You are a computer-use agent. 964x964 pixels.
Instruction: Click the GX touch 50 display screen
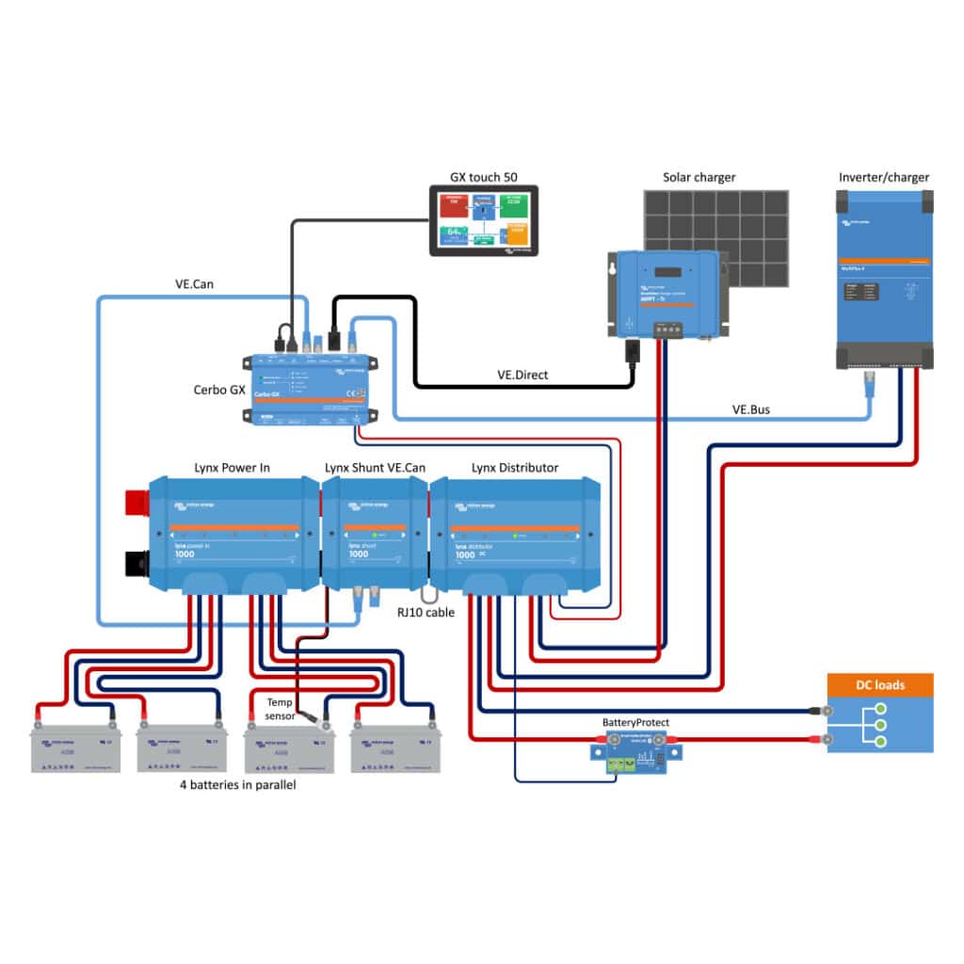point(483,220)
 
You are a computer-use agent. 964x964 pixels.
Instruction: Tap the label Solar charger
point(699,177)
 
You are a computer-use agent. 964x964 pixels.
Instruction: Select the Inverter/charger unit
point(884,279)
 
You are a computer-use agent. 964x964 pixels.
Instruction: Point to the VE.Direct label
point(522,375)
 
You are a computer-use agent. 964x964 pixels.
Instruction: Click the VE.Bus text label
point(752,410)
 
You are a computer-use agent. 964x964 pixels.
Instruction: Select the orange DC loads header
point(879,684)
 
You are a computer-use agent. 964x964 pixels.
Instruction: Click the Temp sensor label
point(280,709)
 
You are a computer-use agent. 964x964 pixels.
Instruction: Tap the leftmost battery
point(75,747)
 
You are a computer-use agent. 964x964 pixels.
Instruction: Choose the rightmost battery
point(394,747)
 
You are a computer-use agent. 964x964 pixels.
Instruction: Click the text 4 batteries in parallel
point(237,784)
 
